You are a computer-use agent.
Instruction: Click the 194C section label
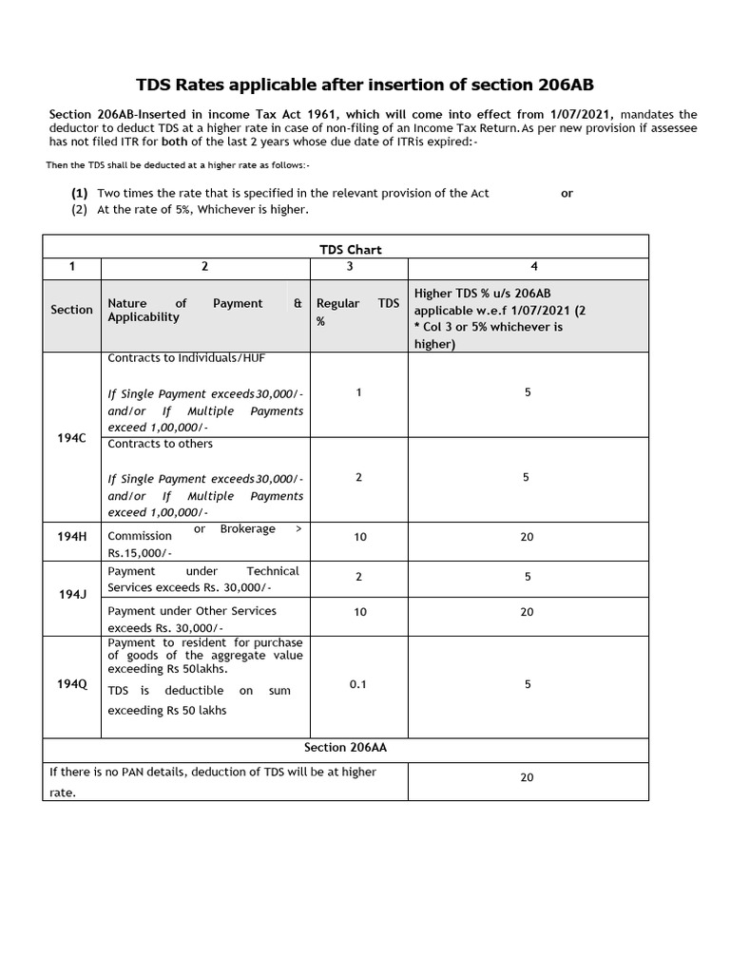click(71, 438)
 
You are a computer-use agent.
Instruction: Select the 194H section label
click(71, 536)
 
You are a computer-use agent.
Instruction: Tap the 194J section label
click(72, 594)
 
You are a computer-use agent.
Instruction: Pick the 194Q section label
click(71, 684)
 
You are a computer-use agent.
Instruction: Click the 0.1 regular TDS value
click(358, 683)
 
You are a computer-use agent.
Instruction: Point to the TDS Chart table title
click(350, 249)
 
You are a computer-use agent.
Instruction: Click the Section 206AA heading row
click(345, 748)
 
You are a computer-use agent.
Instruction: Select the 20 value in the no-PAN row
click(527, 777)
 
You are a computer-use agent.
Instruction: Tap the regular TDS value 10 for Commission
click(360, 537)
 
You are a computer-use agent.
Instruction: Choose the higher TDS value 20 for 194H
click(527, 537)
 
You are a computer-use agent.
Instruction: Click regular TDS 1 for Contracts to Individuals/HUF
click(358, 392)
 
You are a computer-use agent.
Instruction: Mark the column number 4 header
click(527, 267)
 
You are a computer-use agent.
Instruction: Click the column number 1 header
click(71, 267)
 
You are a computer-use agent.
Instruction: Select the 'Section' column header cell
click(71, 310)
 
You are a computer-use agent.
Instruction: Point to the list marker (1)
click(80, 193)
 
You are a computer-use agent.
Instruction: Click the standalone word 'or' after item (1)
click(567, 193)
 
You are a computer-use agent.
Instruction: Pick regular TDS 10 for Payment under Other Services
click(360, 612)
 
